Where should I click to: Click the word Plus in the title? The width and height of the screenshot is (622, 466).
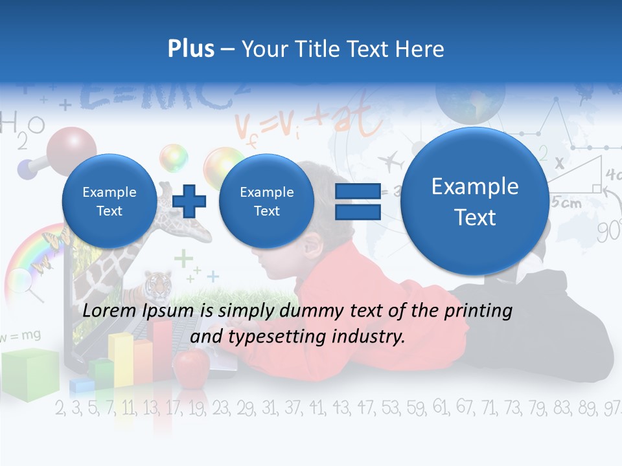point(190,49)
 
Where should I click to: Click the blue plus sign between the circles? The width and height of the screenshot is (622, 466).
point(189,201)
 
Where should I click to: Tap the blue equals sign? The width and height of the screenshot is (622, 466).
point(357,201)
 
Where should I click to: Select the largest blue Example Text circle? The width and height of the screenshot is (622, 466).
point(475,202)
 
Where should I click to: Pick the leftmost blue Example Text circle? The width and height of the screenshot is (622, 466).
point(109,201)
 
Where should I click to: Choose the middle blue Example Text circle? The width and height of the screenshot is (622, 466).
point(266,201)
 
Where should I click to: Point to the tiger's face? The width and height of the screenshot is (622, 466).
point(155,283)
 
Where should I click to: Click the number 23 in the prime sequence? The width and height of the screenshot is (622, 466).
point(220,408)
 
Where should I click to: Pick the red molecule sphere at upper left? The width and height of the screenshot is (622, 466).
point(71,148)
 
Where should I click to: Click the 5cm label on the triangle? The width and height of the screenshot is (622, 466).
point(566,203)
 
